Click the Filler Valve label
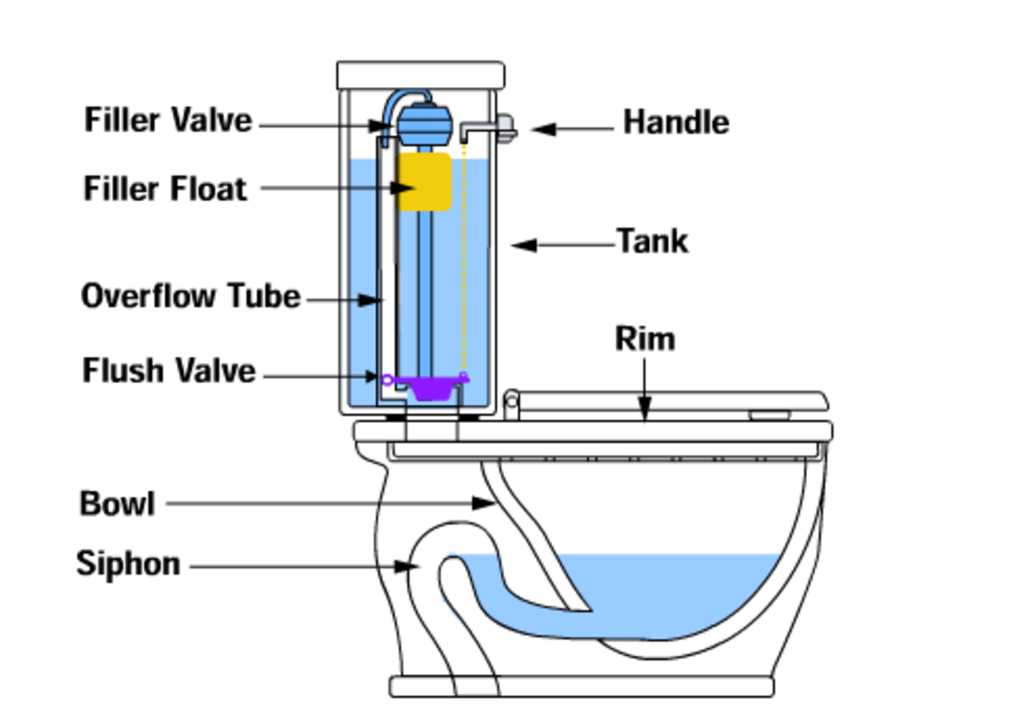(168, 120)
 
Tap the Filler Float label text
(166, 188)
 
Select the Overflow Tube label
(190, 297)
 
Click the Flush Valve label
(168, 371)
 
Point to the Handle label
(676, 123)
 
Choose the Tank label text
(653, 242)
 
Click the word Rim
(645, 339)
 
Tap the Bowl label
(117, 504)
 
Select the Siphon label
(128, 564)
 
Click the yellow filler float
(425, 181)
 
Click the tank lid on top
(420, 75)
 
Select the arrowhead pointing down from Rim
(645, 410)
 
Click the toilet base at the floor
(581, 686)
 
